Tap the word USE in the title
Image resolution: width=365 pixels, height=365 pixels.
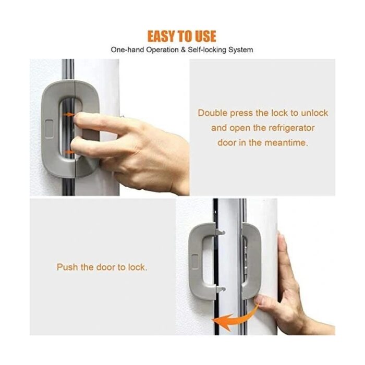click(x=205, y=36)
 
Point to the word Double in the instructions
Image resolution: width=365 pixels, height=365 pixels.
click(x=213, y=113)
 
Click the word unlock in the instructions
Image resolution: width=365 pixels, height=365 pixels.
click(x=314, y=113)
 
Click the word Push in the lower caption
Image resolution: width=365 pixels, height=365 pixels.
click(x=67, y=267)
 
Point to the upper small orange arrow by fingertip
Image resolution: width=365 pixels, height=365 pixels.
click(x=69, y=115)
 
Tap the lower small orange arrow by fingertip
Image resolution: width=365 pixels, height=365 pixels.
click(x=69, y=152)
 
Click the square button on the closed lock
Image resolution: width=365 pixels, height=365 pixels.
click(x=49, y=129)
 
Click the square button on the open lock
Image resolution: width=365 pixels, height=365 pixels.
click(x=195, y=262)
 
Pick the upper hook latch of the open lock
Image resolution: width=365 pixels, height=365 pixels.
click(x=221, y=232)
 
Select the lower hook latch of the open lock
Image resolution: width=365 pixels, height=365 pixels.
click(x=221, y=289)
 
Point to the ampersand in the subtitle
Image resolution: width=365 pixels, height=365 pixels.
click(x=183, y=50)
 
